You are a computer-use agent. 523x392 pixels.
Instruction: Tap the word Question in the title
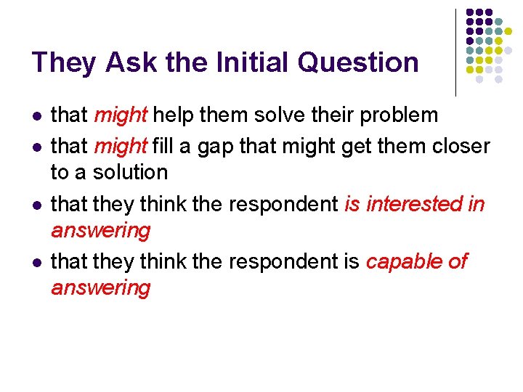coord(360,63)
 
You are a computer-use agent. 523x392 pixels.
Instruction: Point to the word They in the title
coord(65,62)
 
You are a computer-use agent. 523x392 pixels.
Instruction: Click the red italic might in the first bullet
coord(121,115)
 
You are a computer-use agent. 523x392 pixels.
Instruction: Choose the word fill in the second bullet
coord(163,146)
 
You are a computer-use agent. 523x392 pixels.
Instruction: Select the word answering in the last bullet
coord(100,287)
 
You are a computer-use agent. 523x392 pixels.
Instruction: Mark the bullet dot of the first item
coord(36,116)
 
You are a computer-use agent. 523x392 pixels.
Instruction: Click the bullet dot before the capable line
coord(36,262)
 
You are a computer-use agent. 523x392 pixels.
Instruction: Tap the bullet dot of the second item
coord(36,147)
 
